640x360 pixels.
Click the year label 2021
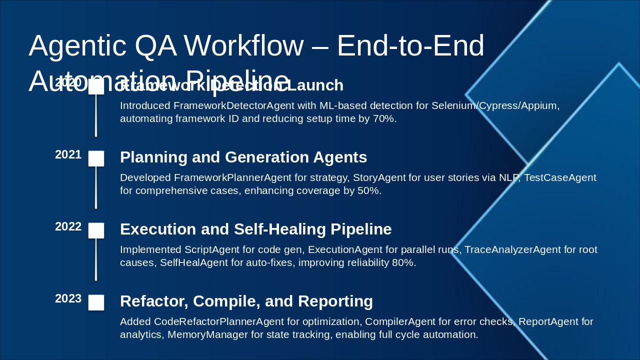coord(68,155)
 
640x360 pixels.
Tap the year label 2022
coord(68,227)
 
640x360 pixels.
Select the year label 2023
coord(68,299)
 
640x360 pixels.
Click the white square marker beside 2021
coord(96,158)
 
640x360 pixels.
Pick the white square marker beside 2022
coord(96,230)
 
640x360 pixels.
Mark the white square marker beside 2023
coord(96,302)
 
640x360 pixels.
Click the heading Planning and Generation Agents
coord(243,157)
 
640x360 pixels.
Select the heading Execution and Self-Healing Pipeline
coord(255,229)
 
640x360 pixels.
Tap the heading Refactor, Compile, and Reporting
coord(246,301)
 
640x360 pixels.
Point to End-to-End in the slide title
coord(410,45)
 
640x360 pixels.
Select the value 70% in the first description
coord(384,119)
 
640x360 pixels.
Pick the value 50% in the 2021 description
coord(369,191)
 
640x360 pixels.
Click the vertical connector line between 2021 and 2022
coord(96,188)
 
